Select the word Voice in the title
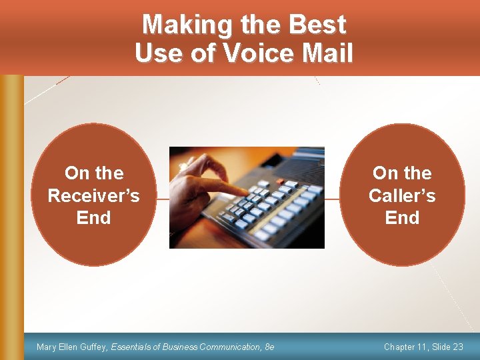pyautogui.click(x=259, y=53)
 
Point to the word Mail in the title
pyautogui.click(x=327, y=53)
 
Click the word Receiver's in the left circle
pyautogui.click(x=94, y=195)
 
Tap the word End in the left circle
pyautogui.click(x=94, y=218)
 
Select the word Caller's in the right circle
pyautogui.click(x=402, y=195)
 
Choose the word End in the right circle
pyautogui.click(x=402, y=218)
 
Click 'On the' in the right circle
pyautogui.click(x=402, y=173)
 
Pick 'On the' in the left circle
pyautogui.click(x=94, y=173)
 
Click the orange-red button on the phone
pyautogui.click(x=281, y=181)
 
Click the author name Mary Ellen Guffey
pyautogui.click(x=72, y=347)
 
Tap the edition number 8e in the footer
pyautogui.click(x=269, y=347)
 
